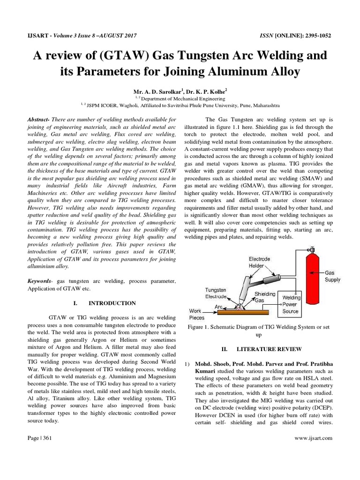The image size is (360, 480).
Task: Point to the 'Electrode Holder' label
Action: tap(259, 262)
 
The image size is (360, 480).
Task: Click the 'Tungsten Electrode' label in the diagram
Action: tap(216, 293)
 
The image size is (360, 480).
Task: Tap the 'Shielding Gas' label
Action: tap(265, 297)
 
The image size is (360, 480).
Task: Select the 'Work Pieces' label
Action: tap(196, 314)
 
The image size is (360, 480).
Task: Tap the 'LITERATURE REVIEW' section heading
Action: tap(263, 349)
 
